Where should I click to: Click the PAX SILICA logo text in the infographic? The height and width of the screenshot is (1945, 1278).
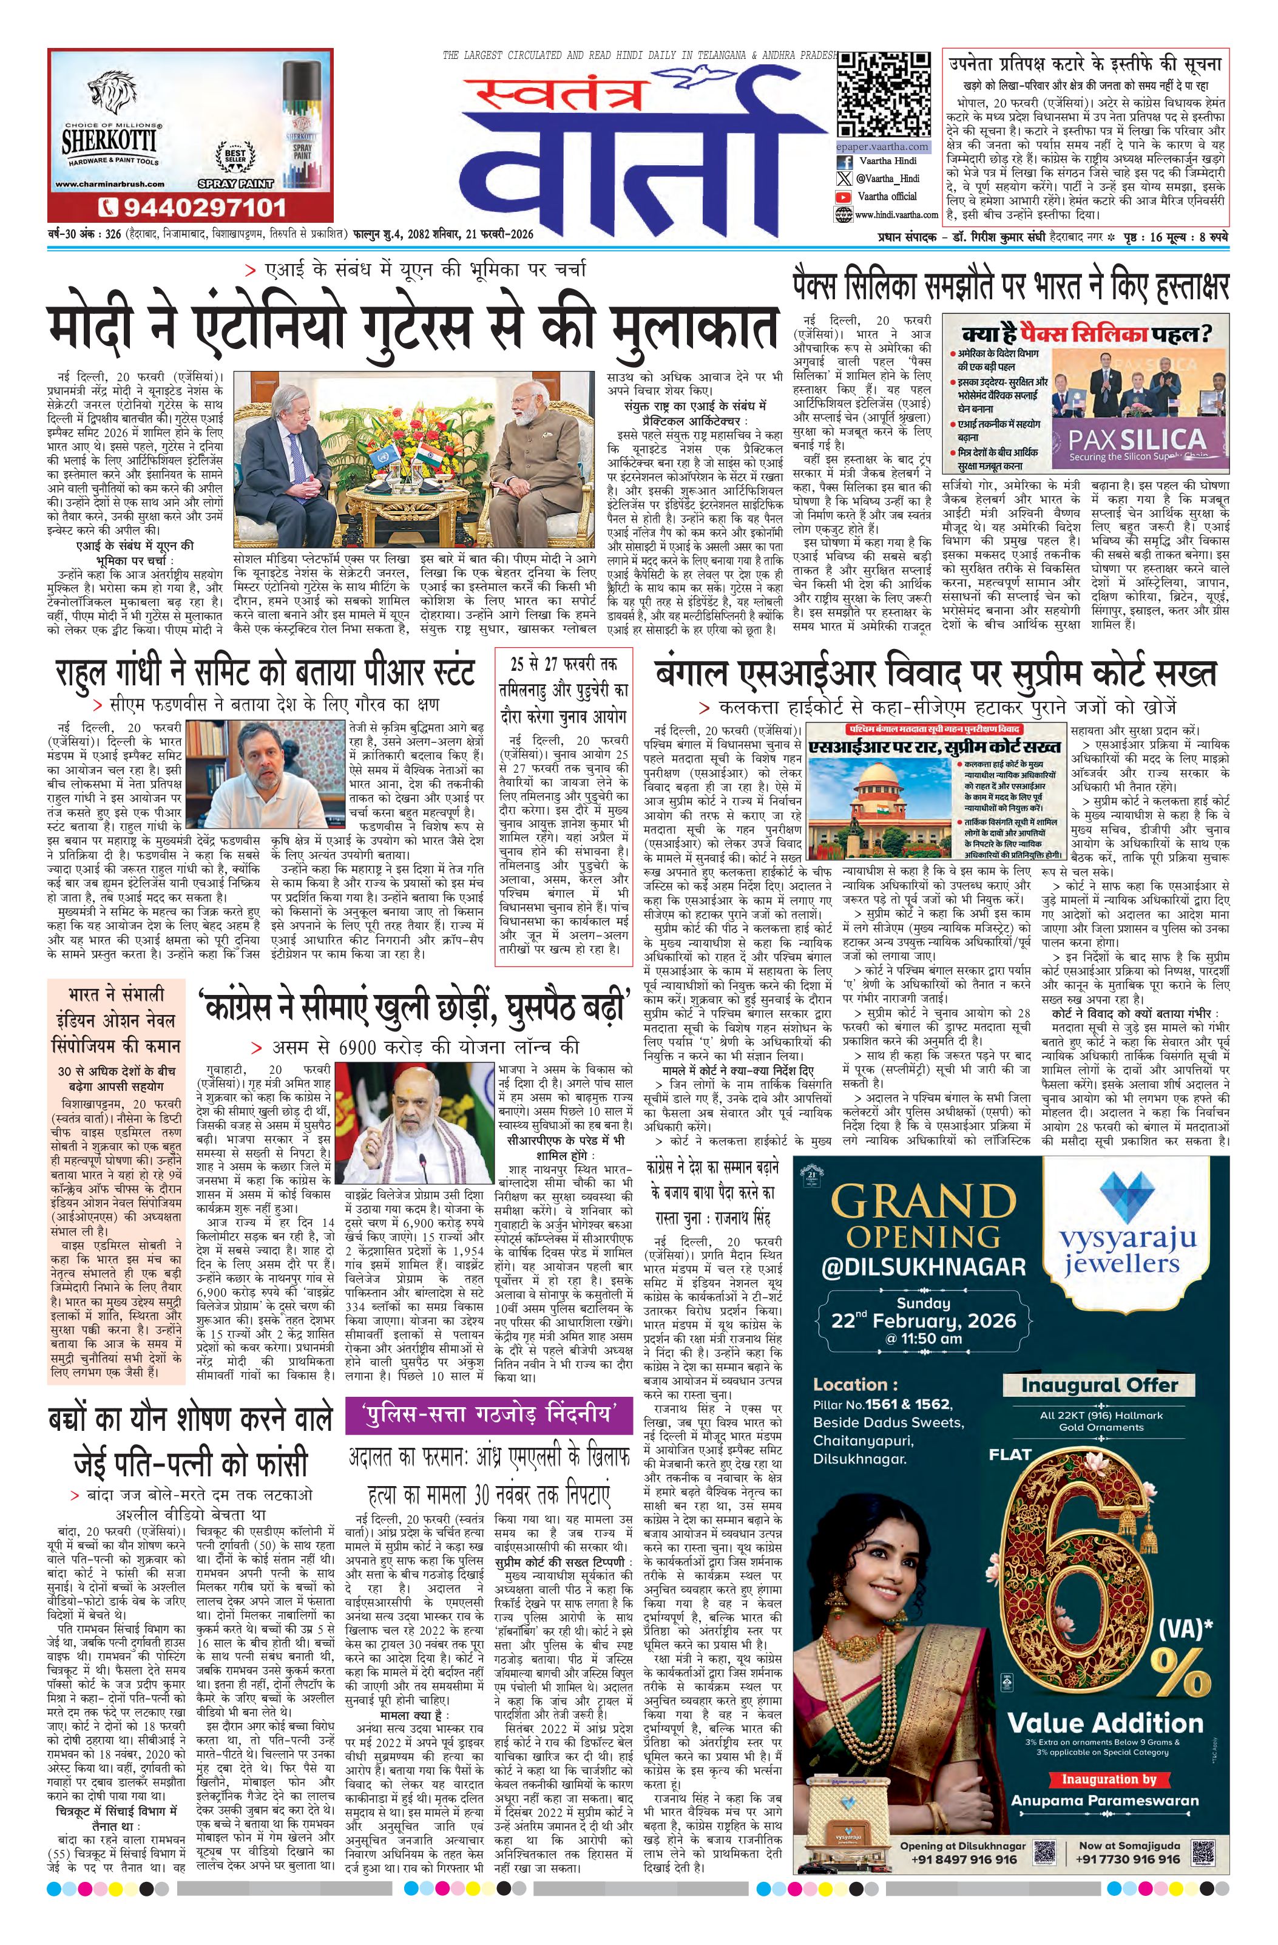[x=1137, y=440]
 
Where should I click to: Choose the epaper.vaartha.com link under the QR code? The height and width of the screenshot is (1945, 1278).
[x=882, y=146]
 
